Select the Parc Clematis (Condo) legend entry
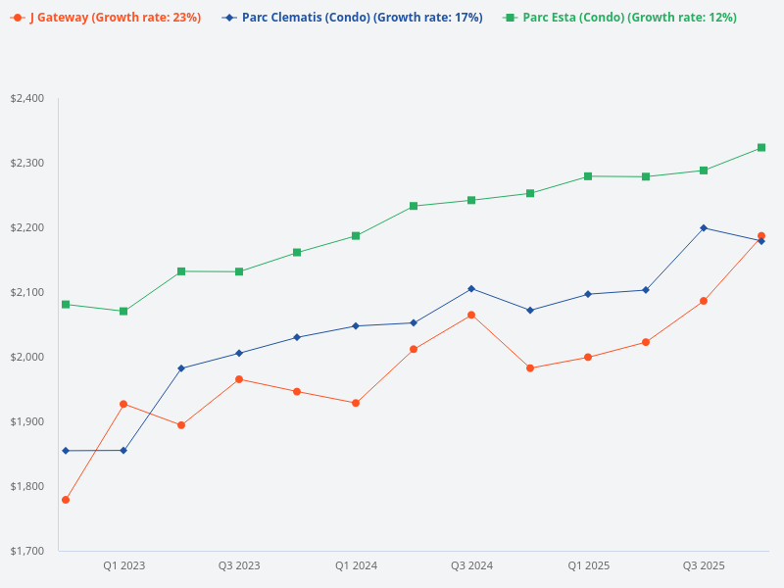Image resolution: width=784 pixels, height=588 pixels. pyautogui.click(x=354, y=18)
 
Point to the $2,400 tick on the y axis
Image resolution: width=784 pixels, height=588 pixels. pyautogui.click(x=26, y=98)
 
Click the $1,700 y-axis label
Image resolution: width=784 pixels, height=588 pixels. pyautogui.click(x=26, y=551)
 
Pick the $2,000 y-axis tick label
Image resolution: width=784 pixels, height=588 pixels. pyautogui.click(x=26, y=357)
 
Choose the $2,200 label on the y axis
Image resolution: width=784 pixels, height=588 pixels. pyautogui.click(x=26, y=227)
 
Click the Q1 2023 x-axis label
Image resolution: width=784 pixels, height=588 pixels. pyautogui.click(x=123, y=565)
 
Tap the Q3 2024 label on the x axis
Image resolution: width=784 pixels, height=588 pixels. pyautogui.click(x=471, y=565)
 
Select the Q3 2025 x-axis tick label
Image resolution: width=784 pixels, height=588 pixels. pyautogui.click(x=704, y=565)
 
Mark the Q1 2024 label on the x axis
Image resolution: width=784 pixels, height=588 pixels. pyautogui.click(x=356, y=565)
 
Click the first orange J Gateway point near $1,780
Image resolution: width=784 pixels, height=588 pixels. pyautogui.click(x=66, y=500)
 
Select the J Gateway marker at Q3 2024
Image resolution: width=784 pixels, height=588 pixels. pyautogui.click(x=471, y=315)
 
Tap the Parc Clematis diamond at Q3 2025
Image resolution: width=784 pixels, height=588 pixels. pyautogui.click(x=704, y=227)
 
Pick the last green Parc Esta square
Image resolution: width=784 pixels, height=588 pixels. pyautogui.click(x=761, y=148)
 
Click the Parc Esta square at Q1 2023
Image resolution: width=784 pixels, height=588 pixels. pyautogui.click(x=123, y=312)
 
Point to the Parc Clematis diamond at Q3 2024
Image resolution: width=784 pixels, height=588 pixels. pyautogui.click(x=471, y=288)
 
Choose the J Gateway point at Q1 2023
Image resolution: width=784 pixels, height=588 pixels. pyautogui.click(x=123, y=404)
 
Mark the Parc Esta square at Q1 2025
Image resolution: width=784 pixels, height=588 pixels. pyautogui.click(x=588, y=176)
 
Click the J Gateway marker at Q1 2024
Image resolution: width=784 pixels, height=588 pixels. pyautogui.click(x=356, y=403)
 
